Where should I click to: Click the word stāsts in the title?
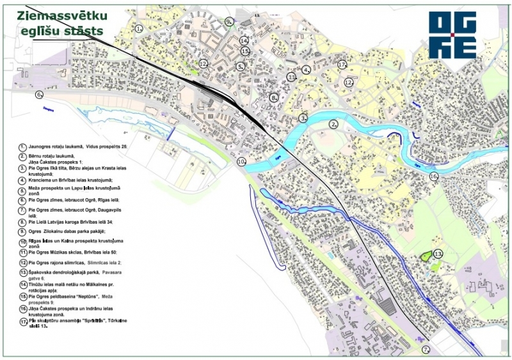[87, 30]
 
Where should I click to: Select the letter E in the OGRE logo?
[464, 48]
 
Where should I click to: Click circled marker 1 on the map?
[139, 28]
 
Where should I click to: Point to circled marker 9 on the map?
[228, 21]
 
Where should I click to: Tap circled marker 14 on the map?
[244, 40]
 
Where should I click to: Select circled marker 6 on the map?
[39, 95]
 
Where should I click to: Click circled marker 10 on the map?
[241, 162]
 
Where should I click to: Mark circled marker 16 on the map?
[433, 176]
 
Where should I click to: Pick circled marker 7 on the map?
[425, 350]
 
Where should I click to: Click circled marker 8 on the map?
[274, 98]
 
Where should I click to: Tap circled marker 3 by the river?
[303, 118]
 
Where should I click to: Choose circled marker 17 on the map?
[342, 65]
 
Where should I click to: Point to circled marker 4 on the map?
[307, 70]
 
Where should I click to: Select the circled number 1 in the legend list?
[22, 146]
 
